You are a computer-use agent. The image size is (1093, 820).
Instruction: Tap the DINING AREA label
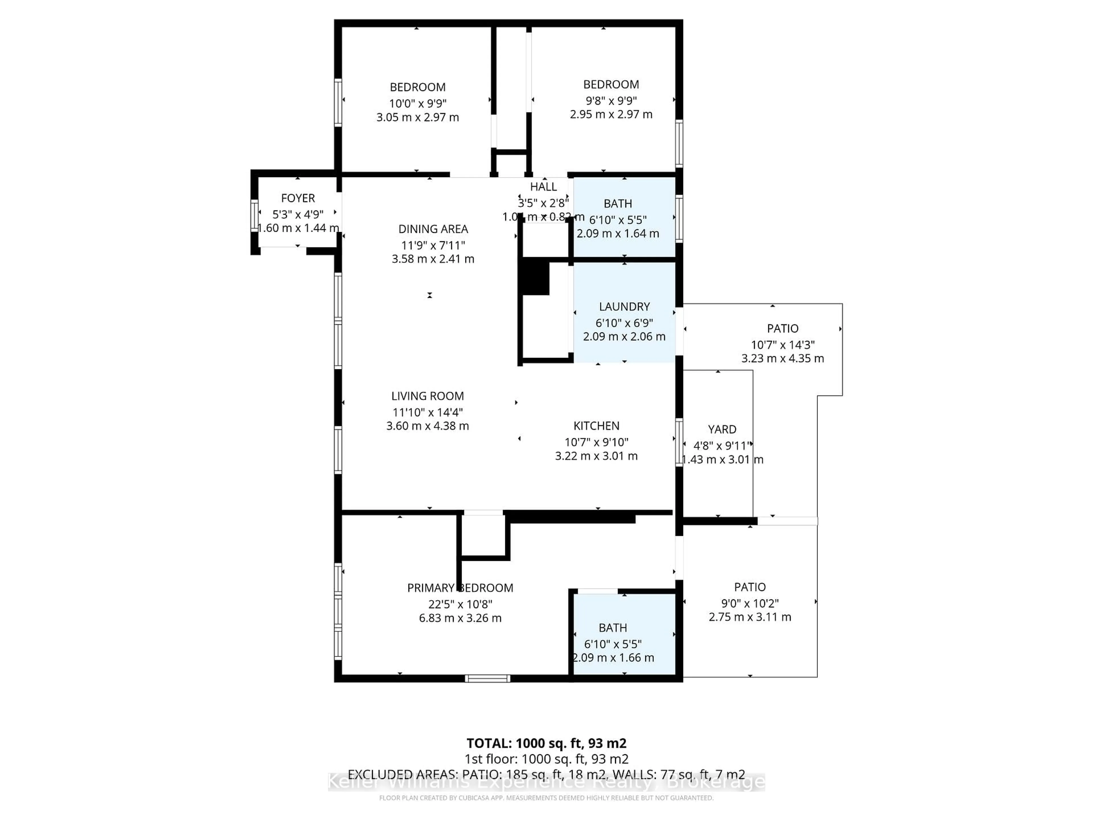tap(433, 229)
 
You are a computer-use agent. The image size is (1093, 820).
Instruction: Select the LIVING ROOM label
tap(428, 396)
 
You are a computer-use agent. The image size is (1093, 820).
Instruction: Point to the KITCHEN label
tap(596, 426)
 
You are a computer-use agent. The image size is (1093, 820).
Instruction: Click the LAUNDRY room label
tap(624, 306)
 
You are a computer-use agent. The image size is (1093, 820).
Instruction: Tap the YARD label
tap(722, 430)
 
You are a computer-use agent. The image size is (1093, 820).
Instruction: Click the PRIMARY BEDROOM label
tap(460, 588)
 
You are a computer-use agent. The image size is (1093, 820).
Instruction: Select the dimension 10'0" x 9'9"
tap(418, 103)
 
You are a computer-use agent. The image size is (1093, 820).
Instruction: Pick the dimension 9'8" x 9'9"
tap(611, 100)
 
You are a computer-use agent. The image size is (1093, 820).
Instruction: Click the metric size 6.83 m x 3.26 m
tap(460, 618)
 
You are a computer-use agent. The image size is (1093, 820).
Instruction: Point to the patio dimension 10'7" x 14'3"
tap(783, 345)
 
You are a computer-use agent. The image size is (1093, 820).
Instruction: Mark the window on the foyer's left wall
tap(254, 216)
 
